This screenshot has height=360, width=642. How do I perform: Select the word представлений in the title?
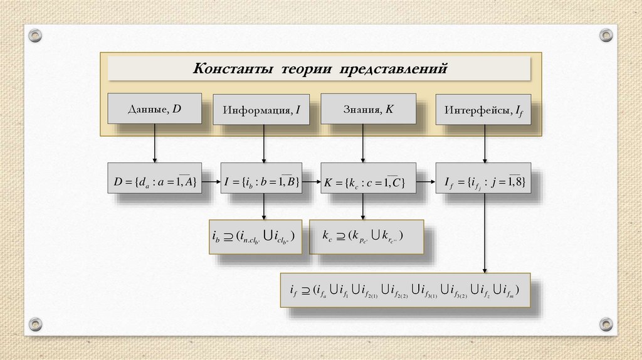pos(394,68)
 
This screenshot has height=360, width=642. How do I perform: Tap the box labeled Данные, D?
pos(154,109)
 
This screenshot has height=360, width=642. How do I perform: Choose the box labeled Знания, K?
pos(369,109)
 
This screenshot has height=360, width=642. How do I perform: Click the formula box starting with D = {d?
pos(154,182)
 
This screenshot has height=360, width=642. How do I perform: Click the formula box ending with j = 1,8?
pos(484,182)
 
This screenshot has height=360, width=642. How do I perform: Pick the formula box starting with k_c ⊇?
pos(366,237)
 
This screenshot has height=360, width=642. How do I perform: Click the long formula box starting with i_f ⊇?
pos(405,290)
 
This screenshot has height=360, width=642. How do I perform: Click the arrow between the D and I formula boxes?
pos(211,182)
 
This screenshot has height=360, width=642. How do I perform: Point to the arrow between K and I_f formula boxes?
pos(426,182)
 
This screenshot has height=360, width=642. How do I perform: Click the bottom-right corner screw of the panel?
pos(605,324)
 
